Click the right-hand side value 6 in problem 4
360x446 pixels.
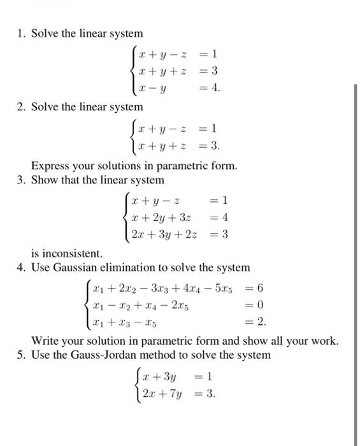pos(261,289)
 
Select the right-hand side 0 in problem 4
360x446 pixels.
pos(261,305)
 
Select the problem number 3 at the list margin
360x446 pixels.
pos(21,180)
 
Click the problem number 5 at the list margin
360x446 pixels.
pos(21,354)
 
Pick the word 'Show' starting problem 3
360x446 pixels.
pos(45,180)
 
